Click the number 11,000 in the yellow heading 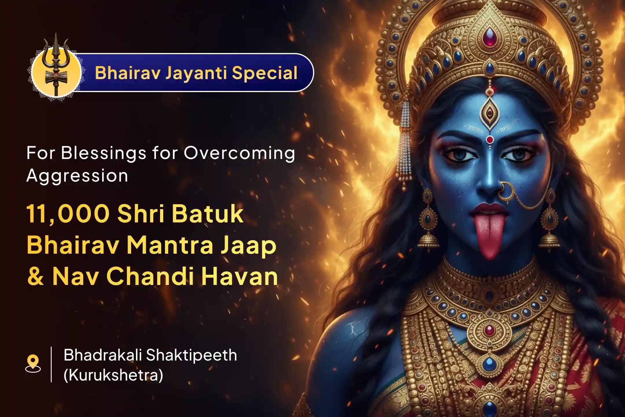coord(68,214)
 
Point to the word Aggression coord(77,176)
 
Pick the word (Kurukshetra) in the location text coord(113,375)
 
